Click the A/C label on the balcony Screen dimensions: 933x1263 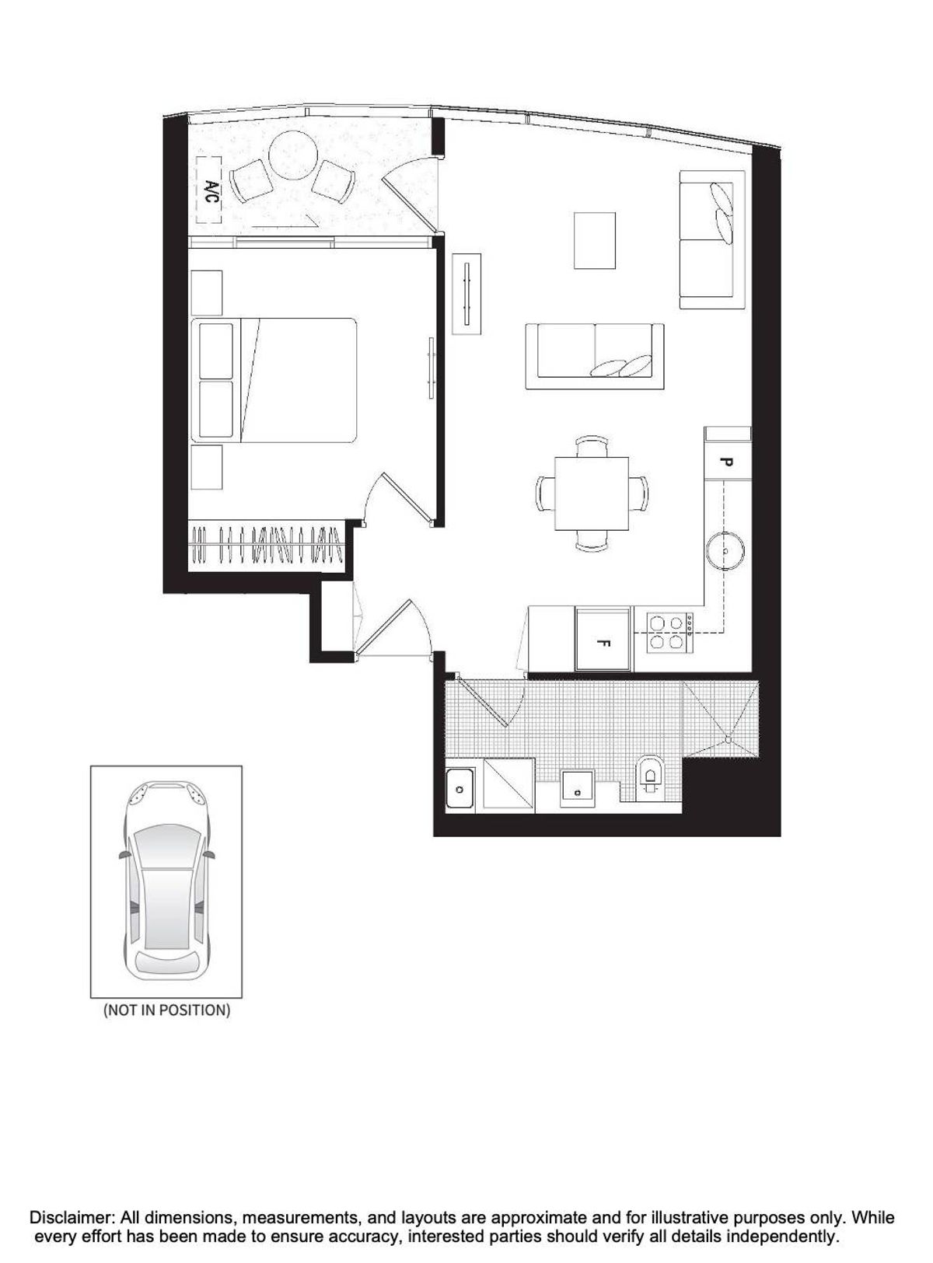point(210,190)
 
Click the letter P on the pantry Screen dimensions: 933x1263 point(725,462)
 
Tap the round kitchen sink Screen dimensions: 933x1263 point(725,550)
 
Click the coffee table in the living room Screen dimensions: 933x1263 point(594,239)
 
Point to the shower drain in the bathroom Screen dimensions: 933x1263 point(728,739)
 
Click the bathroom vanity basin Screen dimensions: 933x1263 point(577,788)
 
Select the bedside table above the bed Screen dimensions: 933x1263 point(206,293)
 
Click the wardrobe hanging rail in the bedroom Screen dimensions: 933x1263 point(267,545)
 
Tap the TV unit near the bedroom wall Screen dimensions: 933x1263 point(466,294)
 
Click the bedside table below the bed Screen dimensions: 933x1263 point(206,467)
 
